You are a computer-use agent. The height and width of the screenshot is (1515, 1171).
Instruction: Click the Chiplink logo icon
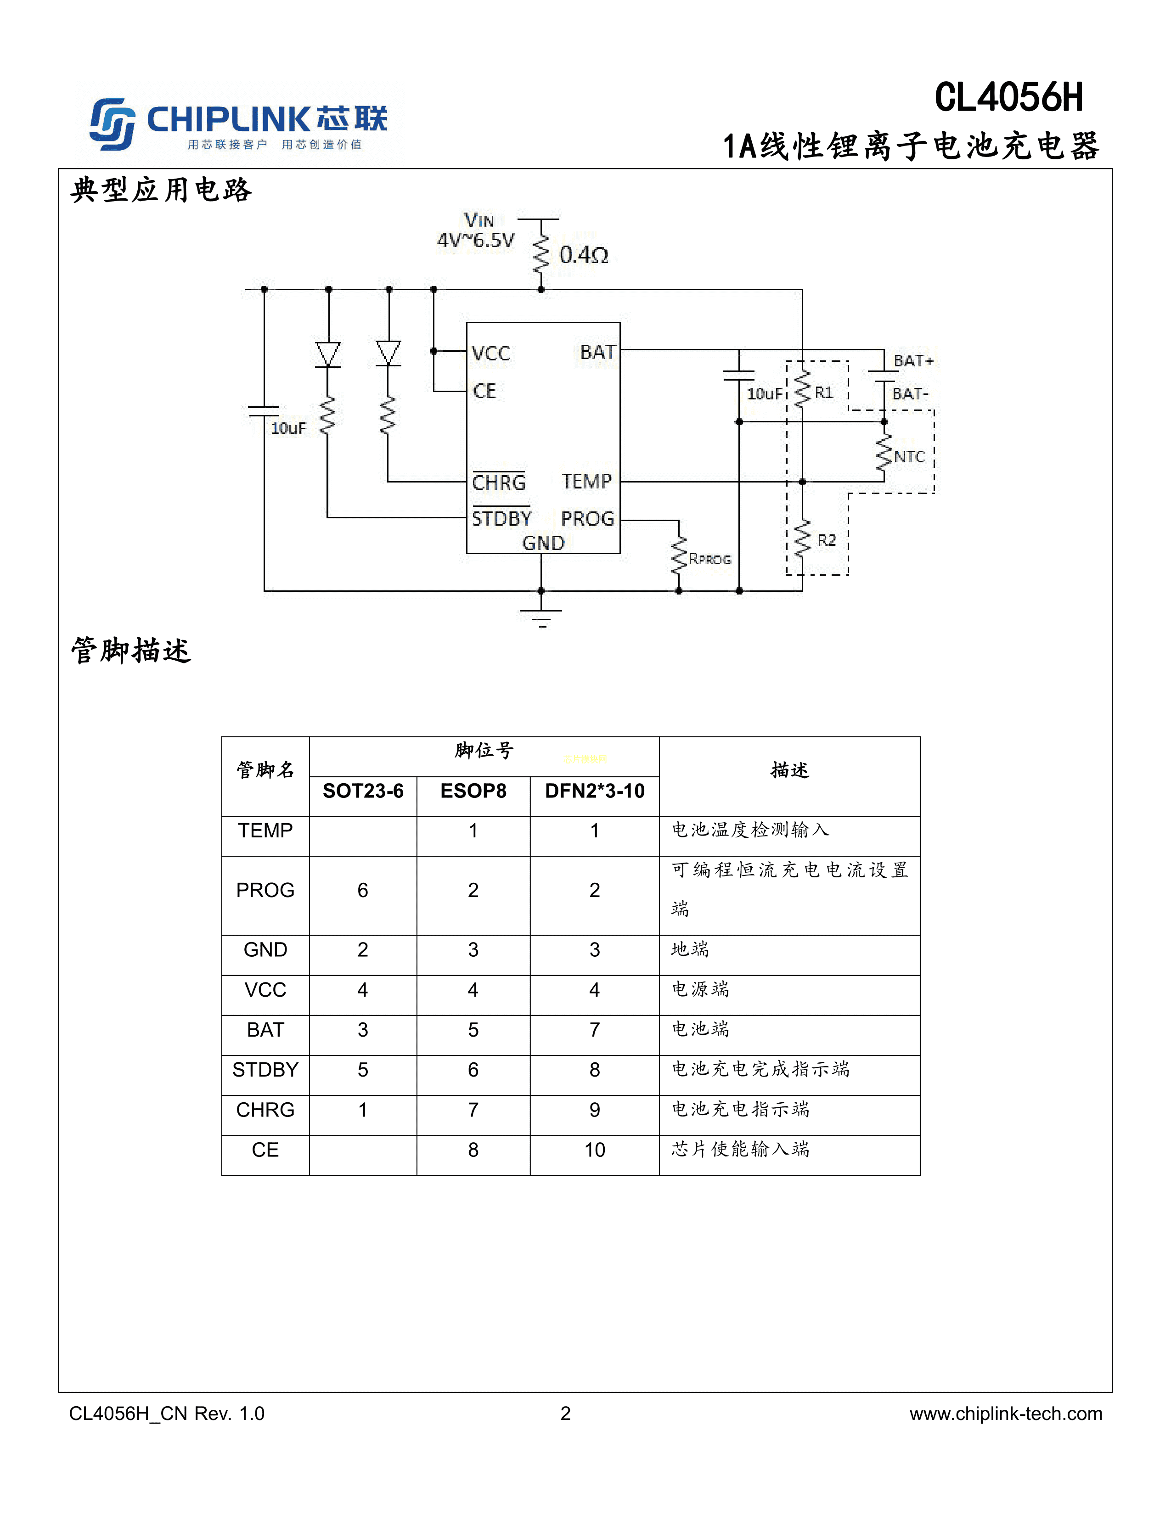[x=112, y=123]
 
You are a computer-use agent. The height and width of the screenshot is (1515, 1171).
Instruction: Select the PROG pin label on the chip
[x=587, y=519]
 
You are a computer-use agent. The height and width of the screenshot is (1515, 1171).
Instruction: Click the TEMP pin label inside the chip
[x=586, y=482]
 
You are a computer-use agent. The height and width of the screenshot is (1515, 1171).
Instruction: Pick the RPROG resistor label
[x=709, y=559]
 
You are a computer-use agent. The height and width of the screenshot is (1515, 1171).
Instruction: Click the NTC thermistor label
[x=909, y=457]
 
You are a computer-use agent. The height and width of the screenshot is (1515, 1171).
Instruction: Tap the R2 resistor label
[x=826, y=540]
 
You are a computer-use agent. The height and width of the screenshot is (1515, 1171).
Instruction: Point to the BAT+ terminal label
[x=913, y=361]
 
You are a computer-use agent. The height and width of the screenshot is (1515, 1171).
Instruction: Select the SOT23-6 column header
[x=363, y=791]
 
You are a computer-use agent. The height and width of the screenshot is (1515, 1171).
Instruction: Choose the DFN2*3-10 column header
[x=595, y=791]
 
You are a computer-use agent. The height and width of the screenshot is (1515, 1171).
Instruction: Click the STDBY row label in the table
[x=265, y=1070]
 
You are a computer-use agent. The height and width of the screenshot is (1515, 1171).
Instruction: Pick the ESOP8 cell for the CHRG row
[x=473, y=1110]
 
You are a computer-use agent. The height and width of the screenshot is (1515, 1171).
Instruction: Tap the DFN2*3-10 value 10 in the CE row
[x=595, y=1150]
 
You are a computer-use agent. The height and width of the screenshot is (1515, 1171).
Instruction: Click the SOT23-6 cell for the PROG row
[x=363, y=891]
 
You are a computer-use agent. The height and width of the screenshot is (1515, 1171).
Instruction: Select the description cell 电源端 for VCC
[x=701, y=989]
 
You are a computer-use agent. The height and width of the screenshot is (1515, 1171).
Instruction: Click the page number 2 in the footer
[x=565, y=1414]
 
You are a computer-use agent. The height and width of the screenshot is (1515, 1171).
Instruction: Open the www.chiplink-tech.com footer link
[x=1005, y=1414]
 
